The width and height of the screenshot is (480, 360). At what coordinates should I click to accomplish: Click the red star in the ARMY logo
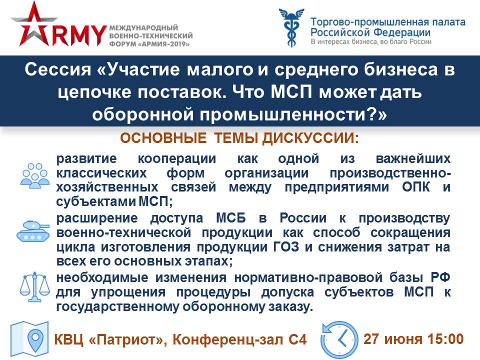point(33,26)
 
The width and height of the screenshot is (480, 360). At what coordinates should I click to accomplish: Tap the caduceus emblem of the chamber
point(291,27)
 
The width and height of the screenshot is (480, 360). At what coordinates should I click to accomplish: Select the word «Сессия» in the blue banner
point(58,70)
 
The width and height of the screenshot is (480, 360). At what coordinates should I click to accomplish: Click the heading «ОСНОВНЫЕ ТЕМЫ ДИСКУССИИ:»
point(239,138)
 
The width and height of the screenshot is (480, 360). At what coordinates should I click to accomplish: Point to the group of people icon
point(35,175)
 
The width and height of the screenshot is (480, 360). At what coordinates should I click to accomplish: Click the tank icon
point(33,231)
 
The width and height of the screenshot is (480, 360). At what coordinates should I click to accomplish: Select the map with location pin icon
point(29,339)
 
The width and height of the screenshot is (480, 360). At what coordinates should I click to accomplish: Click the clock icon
point(339,339)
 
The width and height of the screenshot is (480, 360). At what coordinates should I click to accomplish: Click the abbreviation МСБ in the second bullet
point(231,218)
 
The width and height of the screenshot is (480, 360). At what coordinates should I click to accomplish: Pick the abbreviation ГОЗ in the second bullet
point(286,246)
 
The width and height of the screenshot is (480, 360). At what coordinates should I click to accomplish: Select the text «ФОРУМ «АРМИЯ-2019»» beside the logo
point(149,44)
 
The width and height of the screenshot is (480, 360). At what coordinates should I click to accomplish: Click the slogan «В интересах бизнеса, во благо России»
point(371,41)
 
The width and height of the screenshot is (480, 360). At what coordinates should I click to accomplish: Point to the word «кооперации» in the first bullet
point(177,159)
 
